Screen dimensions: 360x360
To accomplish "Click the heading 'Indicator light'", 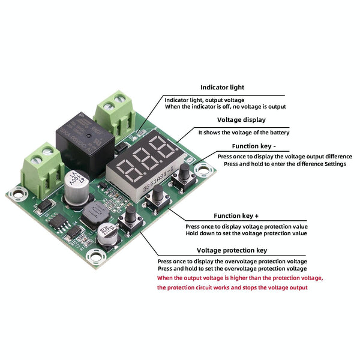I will [x=222, y=88].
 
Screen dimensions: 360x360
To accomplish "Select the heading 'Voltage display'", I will [x=241, y=120].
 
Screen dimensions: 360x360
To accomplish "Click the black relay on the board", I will [x=84, y=140].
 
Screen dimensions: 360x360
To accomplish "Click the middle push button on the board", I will [x=157, y=196].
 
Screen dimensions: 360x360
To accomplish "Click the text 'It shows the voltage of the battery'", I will [x=244, y=133].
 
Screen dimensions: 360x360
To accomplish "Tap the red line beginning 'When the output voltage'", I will [x=240, y=278].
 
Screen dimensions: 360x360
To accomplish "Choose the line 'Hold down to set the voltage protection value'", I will [x=246, y=233].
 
